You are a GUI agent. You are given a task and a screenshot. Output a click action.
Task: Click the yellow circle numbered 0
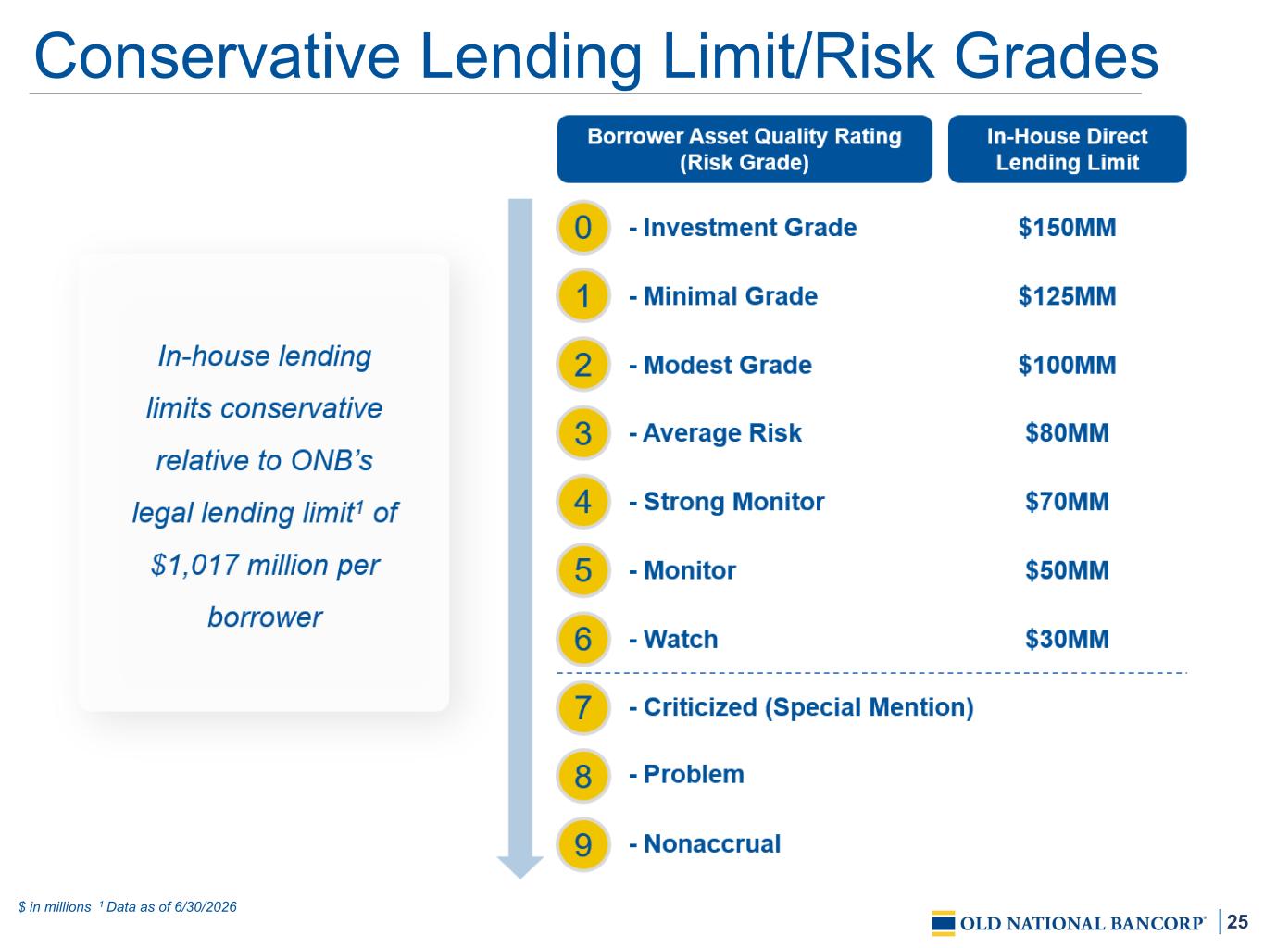coord(582,228)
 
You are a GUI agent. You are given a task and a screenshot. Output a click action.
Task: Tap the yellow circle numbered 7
coord(582,707)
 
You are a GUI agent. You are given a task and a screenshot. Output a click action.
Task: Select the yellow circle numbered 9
coord(582,844)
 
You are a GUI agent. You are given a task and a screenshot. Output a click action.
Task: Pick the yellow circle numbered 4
coord(582,502)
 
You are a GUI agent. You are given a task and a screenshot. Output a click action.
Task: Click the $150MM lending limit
coord(1067,228)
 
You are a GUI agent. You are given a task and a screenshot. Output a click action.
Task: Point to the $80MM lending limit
coord(1067,433)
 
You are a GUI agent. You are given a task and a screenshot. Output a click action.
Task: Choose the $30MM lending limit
coord(1067,639)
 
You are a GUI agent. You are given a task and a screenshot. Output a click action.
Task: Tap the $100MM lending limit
coord(1067,365)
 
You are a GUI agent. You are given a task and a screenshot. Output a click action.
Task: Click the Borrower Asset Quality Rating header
coord(745,149)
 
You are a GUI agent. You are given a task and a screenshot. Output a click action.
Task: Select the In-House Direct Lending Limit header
coord(1067,149)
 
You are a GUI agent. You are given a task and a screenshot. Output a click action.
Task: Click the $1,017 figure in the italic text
coord(194,566)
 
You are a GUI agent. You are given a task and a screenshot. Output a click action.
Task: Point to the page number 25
coord(1237,921)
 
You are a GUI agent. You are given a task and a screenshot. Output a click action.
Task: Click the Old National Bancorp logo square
coord(944,923)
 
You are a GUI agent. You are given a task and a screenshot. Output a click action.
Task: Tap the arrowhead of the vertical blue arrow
coord(520,867)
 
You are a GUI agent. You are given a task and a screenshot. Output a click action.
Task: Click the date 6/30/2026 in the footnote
coord(205,907)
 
